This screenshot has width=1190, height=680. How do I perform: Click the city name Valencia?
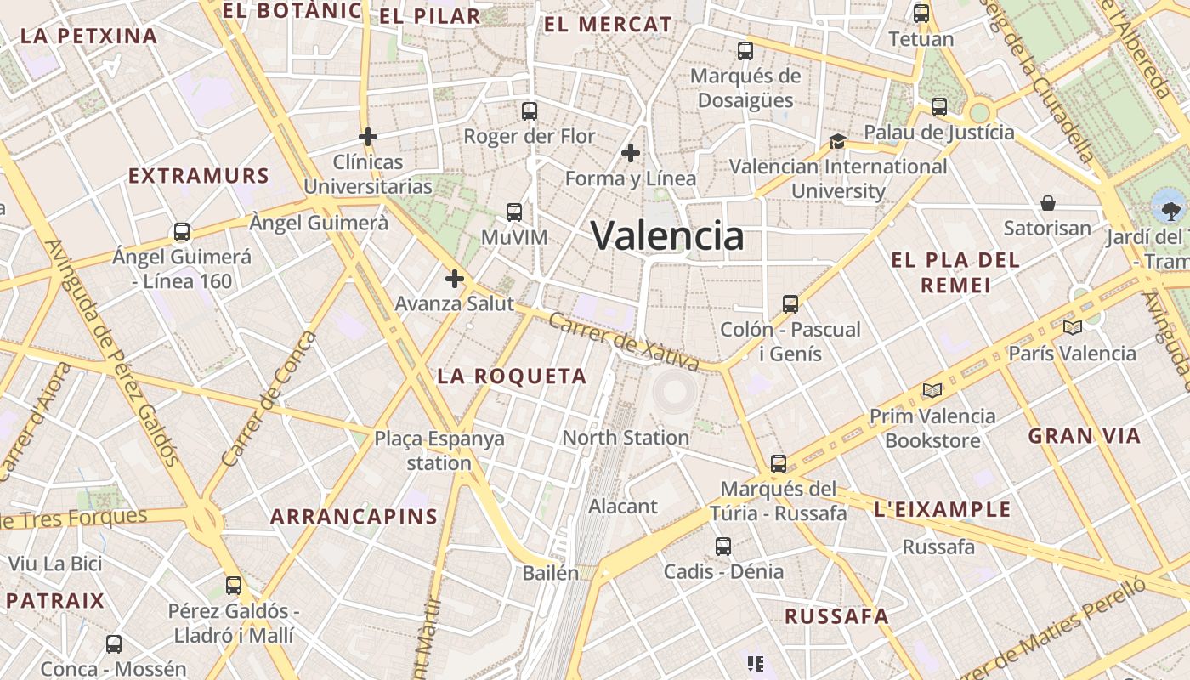point(667,235)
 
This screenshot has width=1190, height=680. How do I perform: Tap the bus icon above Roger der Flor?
point(530,110)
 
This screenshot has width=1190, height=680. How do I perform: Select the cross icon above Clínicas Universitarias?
point(367,136)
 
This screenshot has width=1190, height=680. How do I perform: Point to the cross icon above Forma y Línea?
point(630,153)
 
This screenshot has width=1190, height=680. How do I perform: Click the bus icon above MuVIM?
point(514,212)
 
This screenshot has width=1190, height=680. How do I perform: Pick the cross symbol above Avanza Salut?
point(455,278)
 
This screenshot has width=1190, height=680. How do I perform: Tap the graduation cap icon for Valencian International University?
point(838,141)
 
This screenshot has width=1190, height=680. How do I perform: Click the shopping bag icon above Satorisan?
point(1048,203)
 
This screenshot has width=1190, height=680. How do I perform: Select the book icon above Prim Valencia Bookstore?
point(932,390)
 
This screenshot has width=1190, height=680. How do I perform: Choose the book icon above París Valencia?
point(1073,327)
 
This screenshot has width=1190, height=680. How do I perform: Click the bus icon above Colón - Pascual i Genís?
point(790,303)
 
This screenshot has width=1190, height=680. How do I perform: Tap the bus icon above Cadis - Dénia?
point(723,546)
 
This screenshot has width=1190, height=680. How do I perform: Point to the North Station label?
point(626,438)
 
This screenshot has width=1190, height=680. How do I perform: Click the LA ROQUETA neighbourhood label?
point(512,376)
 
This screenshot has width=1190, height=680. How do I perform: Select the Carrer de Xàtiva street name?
point(624,342)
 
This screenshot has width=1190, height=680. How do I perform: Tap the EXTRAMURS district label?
point(199,176)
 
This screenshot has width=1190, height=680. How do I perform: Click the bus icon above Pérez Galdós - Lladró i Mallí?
point(234,585)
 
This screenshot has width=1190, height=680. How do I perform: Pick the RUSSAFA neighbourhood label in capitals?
point(836,616)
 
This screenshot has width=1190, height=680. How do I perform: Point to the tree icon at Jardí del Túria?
point(1169,207)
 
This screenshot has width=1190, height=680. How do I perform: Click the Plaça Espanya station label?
point(439,450)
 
